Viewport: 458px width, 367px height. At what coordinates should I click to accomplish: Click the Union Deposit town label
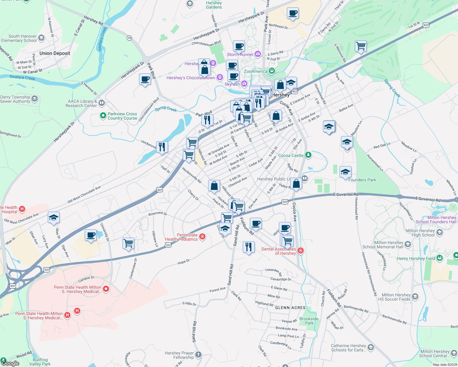coord(55,53)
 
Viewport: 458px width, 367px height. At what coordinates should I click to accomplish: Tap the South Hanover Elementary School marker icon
coord(41,38)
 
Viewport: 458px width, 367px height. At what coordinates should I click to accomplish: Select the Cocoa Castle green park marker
coord(308,155)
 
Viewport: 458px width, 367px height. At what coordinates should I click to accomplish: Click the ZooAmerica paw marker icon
coord(272,71)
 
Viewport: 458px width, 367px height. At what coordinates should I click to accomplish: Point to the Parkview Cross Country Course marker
coord(103,116)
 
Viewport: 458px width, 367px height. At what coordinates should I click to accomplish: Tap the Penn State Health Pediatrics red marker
coord(202,236)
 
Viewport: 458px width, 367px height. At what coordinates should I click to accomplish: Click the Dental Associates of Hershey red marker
coord(301,251)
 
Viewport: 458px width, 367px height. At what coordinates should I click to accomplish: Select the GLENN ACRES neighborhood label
coord(290,308)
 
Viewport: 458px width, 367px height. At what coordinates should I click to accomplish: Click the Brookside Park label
coord(309,321)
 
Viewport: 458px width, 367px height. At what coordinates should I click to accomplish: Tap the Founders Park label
coord(362,180)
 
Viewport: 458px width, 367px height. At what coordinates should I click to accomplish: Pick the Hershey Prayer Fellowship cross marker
coord(198,355)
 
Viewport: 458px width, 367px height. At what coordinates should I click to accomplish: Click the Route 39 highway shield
coord(130,38)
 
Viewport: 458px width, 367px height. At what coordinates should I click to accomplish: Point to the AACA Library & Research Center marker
coord(102,103)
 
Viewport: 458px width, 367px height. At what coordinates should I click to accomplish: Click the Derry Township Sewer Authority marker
coord(35,99)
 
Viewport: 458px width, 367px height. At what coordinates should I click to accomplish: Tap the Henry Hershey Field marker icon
coord(440,258)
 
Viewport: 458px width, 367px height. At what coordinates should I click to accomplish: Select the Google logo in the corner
coord(10,363)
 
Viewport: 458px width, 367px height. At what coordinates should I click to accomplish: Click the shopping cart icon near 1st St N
coord(361,46)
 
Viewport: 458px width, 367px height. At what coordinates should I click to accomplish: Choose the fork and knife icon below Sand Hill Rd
coord(249,247)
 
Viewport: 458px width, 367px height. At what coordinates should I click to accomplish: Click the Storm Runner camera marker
coord(258,54)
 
